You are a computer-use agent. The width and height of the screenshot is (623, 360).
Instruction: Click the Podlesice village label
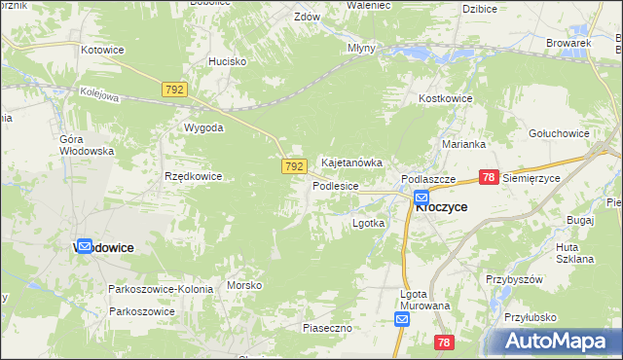point(336,185)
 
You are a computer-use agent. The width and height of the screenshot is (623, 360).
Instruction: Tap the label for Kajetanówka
point(351,162)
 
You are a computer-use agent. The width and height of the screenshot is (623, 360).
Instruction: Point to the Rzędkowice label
point(194,176)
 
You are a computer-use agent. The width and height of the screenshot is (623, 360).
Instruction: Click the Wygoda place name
point(203,127)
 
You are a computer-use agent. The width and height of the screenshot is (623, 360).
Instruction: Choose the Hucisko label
point(227,60)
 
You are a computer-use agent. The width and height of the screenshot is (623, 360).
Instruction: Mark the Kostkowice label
point(445,99)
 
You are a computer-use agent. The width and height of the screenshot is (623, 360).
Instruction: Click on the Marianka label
point(462,143)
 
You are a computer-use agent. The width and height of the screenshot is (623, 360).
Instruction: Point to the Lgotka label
point(368,223)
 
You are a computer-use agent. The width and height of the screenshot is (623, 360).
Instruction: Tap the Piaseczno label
point(326,329)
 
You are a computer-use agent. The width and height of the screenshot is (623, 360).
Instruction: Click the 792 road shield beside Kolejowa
point(175,90)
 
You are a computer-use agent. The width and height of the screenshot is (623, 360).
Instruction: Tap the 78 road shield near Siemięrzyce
point(489,177)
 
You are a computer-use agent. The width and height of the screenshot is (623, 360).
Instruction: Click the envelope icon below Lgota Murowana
point(402,319)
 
